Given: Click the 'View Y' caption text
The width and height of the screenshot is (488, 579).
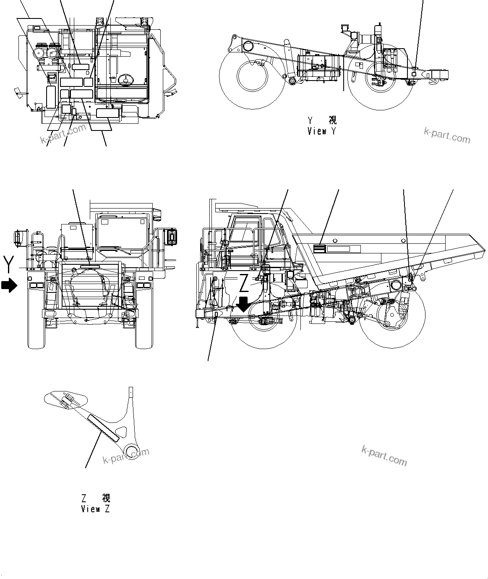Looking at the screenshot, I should click(321, 131).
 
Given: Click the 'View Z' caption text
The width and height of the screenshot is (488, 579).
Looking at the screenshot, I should click(96, 509).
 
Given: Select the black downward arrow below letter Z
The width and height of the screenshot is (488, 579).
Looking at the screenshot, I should click(243, 304).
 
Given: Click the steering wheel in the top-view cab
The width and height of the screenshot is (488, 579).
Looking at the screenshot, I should click(125, 79).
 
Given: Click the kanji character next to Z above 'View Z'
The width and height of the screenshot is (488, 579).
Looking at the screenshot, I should click(106, 498).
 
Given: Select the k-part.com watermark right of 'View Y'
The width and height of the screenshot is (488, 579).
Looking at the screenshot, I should click(446, 136).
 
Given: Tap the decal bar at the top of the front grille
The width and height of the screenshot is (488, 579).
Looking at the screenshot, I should click(89, 266).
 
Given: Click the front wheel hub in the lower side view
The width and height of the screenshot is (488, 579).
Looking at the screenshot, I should click(263, 322).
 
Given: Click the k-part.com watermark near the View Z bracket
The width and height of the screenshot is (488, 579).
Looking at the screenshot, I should click(126, 455).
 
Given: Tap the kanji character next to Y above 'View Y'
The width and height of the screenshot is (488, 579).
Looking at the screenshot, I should click(333, 120).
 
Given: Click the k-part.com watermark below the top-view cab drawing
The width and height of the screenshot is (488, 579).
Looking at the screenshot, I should click(63, 133).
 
